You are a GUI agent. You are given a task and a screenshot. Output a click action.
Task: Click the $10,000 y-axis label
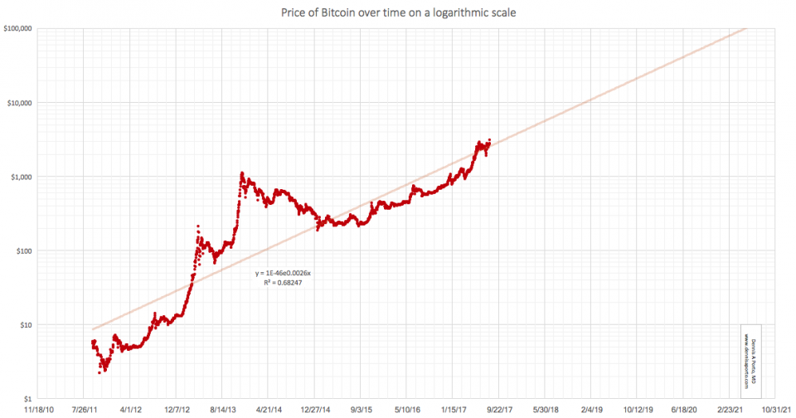20,103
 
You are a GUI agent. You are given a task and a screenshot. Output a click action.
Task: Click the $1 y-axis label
27,398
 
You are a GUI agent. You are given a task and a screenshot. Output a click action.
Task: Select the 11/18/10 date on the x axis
39,410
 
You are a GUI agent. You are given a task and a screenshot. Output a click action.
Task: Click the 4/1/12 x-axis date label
133,410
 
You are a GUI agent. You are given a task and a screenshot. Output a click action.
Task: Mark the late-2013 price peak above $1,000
242,173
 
